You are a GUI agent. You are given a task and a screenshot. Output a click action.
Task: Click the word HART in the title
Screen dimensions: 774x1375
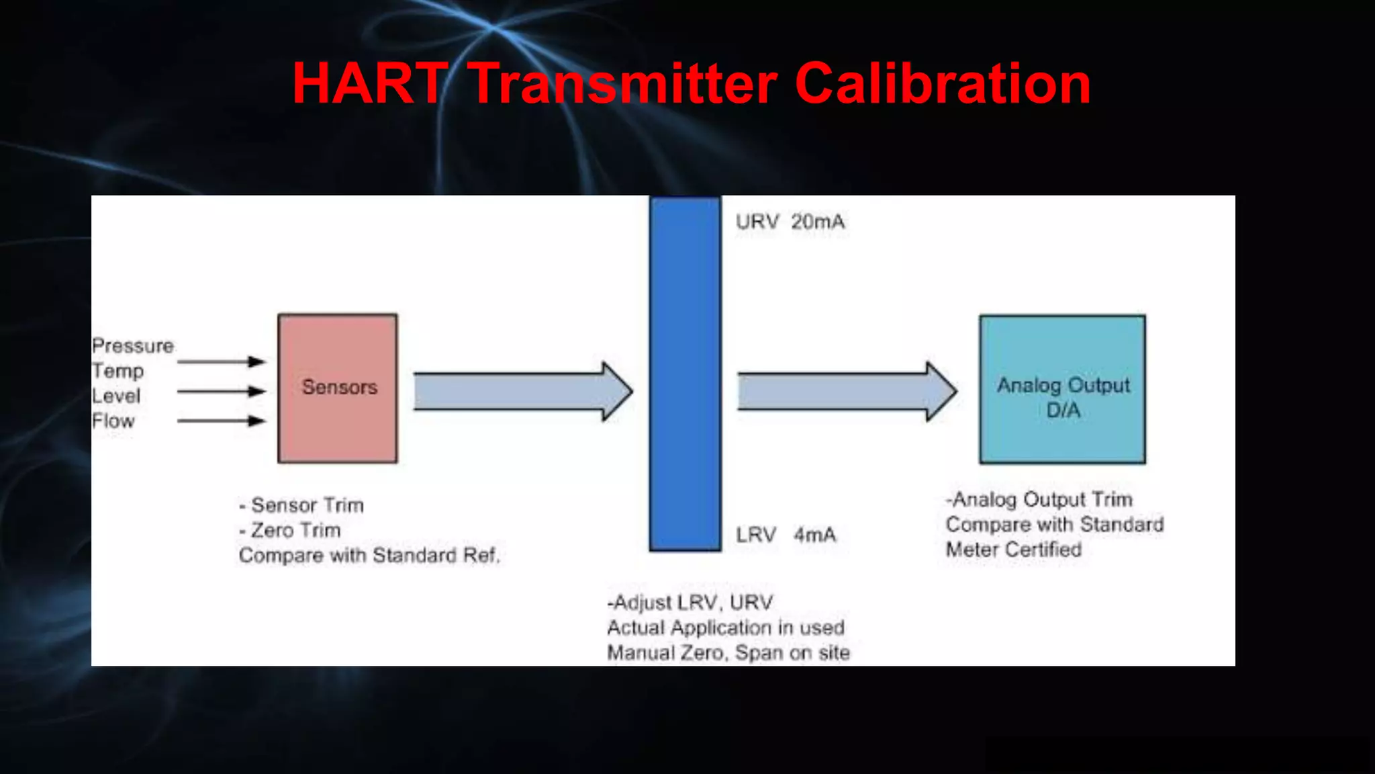(x=370, y=83)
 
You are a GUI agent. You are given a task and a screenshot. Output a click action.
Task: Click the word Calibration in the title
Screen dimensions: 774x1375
(x=943, y=83)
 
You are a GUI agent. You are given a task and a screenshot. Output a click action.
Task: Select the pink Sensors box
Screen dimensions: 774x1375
(x=338, y=388)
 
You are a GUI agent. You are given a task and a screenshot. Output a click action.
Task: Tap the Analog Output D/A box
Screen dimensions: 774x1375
(x=1062, y=390)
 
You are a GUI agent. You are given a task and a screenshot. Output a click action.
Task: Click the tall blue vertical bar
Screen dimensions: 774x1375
(x=685, y=374)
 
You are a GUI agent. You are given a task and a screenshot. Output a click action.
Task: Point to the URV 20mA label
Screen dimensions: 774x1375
(x=790, y=222)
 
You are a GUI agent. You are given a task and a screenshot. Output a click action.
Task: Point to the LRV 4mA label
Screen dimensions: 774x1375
(x=786, y=535)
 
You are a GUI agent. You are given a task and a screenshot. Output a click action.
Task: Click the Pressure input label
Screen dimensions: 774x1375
(x=133, y=346)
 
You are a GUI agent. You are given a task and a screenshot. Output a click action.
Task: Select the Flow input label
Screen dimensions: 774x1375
(x=113, y=421)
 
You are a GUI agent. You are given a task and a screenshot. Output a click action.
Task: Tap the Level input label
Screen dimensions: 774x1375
(x=116, y=396)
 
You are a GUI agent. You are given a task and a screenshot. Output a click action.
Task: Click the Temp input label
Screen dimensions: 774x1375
(x=117, y=371)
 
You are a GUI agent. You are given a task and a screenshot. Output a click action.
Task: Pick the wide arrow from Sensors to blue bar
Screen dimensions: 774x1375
(x=522, y=392)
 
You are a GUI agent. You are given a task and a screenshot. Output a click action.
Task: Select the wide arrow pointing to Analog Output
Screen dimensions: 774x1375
(x=846, y=392)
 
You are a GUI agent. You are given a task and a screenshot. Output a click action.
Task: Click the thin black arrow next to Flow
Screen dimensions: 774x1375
(x=222, y=421)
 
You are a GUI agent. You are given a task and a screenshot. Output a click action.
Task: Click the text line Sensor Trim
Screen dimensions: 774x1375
(x=302, y=505)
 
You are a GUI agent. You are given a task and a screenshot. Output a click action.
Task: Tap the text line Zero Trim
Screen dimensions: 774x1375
(x=291, y=530)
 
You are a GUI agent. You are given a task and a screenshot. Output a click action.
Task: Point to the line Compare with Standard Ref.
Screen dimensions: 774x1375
(x=369, y=556)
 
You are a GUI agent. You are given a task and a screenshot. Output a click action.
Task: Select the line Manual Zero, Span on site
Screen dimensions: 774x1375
(x=728, y=653)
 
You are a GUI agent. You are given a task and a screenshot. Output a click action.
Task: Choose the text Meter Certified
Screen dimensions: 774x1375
(x=1013, y=550)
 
